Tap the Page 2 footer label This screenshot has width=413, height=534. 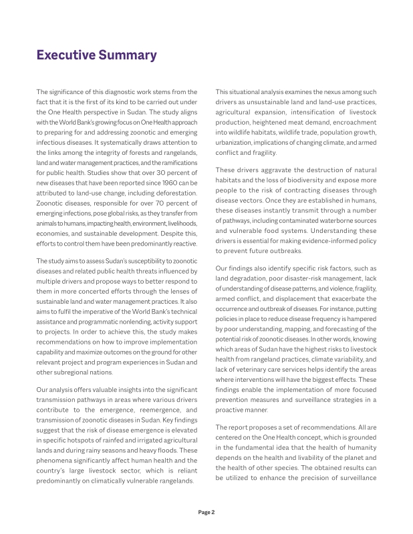(206, 513)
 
